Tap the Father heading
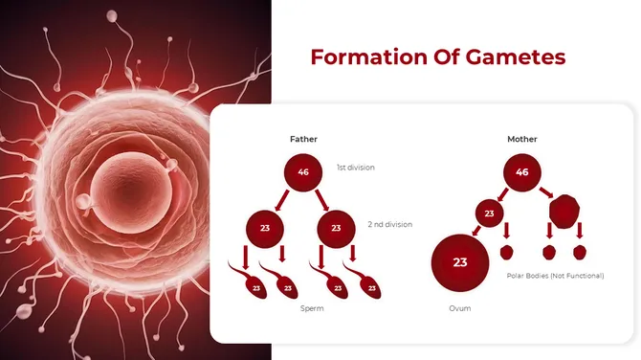[x=303, y=139]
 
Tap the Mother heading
[x=521, y=139]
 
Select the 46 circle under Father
[x=303, y=172]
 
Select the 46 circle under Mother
[x=521, y=172]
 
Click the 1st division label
[x=355, y=168]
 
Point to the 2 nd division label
[x=389, y=224]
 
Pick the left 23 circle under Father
[x=265, y=229]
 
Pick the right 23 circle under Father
[x=336, y=229]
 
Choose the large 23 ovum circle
[x=460, y=262]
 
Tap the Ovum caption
[x=460, y=308]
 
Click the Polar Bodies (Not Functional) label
[x=555, y=276]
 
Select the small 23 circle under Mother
[x=490, y=213]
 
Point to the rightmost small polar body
[x=579, y=253]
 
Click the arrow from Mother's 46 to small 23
[x=502, y=193]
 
